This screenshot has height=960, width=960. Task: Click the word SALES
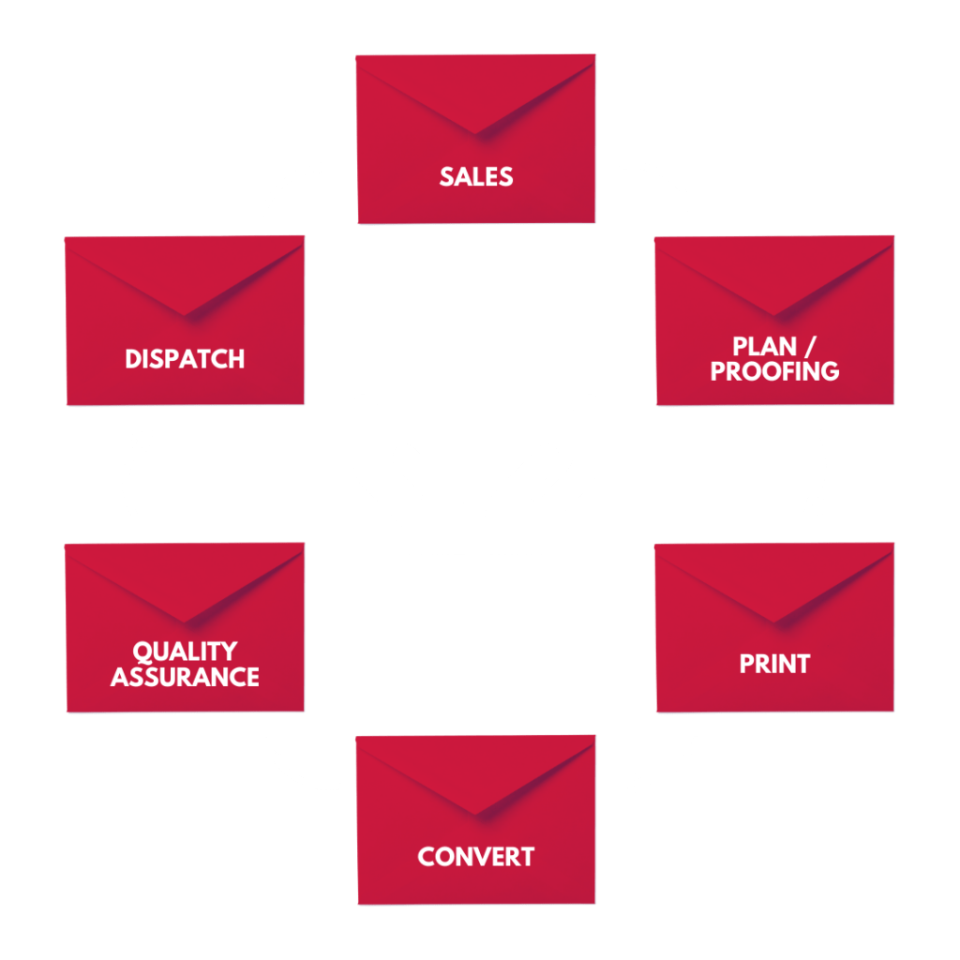[476, 176]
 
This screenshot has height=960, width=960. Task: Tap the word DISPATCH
[185, 358]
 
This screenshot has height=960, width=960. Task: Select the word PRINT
[774, 664]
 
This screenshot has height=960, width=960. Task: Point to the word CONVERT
[476, 856]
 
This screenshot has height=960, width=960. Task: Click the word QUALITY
[185, 652]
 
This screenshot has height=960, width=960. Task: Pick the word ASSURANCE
[185, 676]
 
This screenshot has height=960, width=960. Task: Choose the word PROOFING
[774, 371]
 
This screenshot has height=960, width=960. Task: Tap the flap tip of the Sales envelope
[476, 134]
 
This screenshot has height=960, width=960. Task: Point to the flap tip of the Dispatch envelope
[185, 315]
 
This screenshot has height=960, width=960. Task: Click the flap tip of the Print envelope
[774, 622]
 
